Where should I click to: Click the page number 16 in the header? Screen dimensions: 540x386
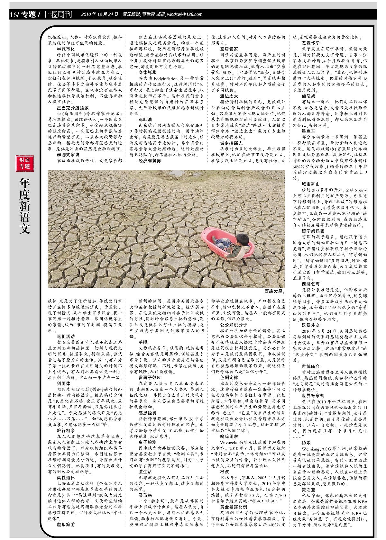point(13,14)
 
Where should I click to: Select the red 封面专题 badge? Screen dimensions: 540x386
point(24,163)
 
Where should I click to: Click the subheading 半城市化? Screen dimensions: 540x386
point(66,49)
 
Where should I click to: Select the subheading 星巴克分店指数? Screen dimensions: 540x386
point(73,108)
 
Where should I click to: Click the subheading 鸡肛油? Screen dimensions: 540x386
point(145,119)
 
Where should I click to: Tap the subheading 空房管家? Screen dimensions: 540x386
point(229,49)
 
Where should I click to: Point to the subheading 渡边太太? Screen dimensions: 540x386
point(229,96)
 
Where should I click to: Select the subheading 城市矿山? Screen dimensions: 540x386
point(311,184)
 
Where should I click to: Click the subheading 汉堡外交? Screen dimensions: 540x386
point(311,325)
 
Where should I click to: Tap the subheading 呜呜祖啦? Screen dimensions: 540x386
point(229,436)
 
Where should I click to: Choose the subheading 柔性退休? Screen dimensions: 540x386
point(66,478)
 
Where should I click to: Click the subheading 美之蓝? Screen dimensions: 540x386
point(308,490)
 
